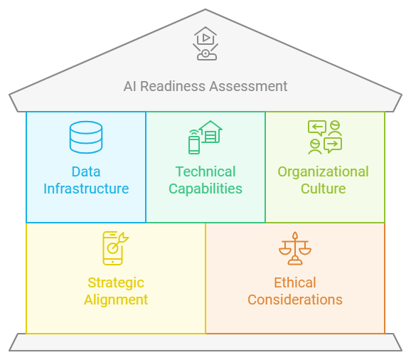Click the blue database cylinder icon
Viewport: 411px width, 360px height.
coord(85,137)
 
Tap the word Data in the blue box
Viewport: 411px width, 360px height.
coord(86,171)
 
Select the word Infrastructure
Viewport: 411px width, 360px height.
coord(86,189)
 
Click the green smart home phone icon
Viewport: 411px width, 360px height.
coord(205,137)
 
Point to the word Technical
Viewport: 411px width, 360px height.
coord(205,171)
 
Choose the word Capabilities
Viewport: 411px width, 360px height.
coord(205,189)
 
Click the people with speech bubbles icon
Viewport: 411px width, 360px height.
coord(324,137)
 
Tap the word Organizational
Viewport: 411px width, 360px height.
coord(324,171)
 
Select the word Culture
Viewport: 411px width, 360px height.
coord(324,189)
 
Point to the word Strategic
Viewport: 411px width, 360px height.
coord(116,282)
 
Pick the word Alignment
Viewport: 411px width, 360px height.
coord(116,300)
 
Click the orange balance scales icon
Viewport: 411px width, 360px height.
coord(295,248)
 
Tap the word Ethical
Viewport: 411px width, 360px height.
coord(295,282)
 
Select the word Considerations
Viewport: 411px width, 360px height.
coord(295,300)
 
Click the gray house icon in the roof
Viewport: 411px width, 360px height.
coord(205,43)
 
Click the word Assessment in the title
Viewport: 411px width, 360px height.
coord(250,86)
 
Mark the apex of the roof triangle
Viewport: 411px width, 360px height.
coord(205,10)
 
